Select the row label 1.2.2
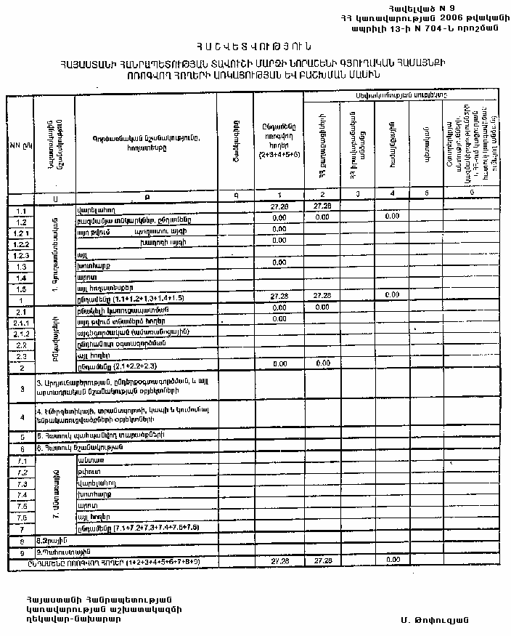tap(20, 244)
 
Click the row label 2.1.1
tap(20, 322)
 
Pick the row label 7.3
tap(21, 483)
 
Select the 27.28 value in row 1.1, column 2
tap(322, 207)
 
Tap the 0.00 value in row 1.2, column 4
tap(393, 217)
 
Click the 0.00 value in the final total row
tap(393, 560)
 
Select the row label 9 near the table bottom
tap(20, 552)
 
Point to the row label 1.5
tap(20, 289)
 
